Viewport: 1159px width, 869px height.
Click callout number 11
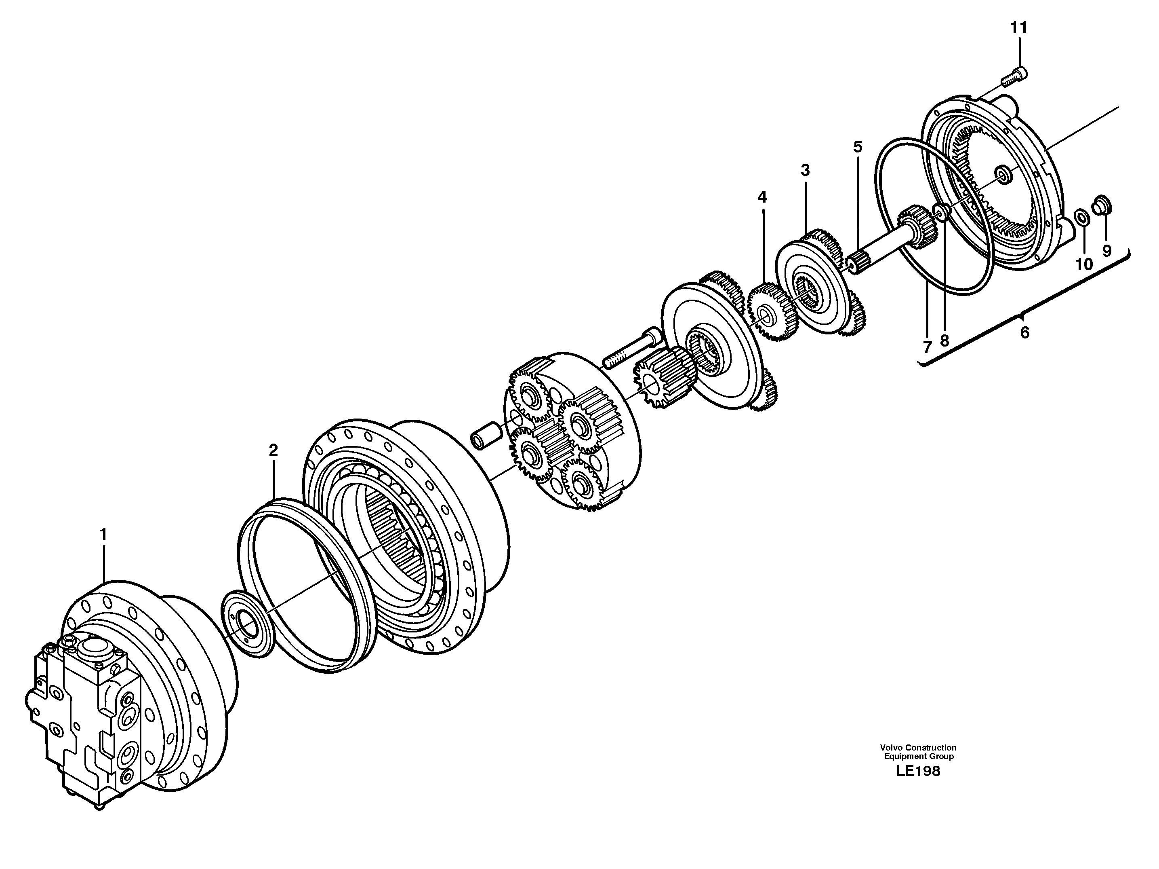(x=1019, y=28)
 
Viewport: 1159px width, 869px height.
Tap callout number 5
(x=857, y=147)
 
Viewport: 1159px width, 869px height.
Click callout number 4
(x=762, y=197)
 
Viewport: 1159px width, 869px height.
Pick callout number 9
(x=1106, y=251)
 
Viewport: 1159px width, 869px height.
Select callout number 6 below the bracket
(x=1024, y=332)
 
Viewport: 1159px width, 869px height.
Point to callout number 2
(x=273, y=450)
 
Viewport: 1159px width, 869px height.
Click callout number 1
(x=103, y=535)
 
